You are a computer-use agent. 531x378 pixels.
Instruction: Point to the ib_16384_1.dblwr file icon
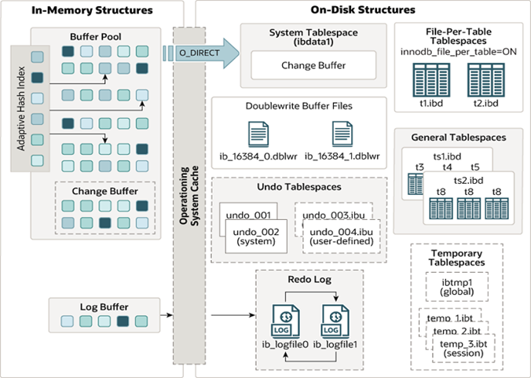click(x=342, y=134)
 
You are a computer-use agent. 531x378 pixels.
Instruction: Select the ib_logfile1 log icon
click(x=335, y=320)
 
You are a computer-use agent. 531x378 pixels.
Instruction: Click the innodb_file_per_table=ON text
click(x=459, y=51)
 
